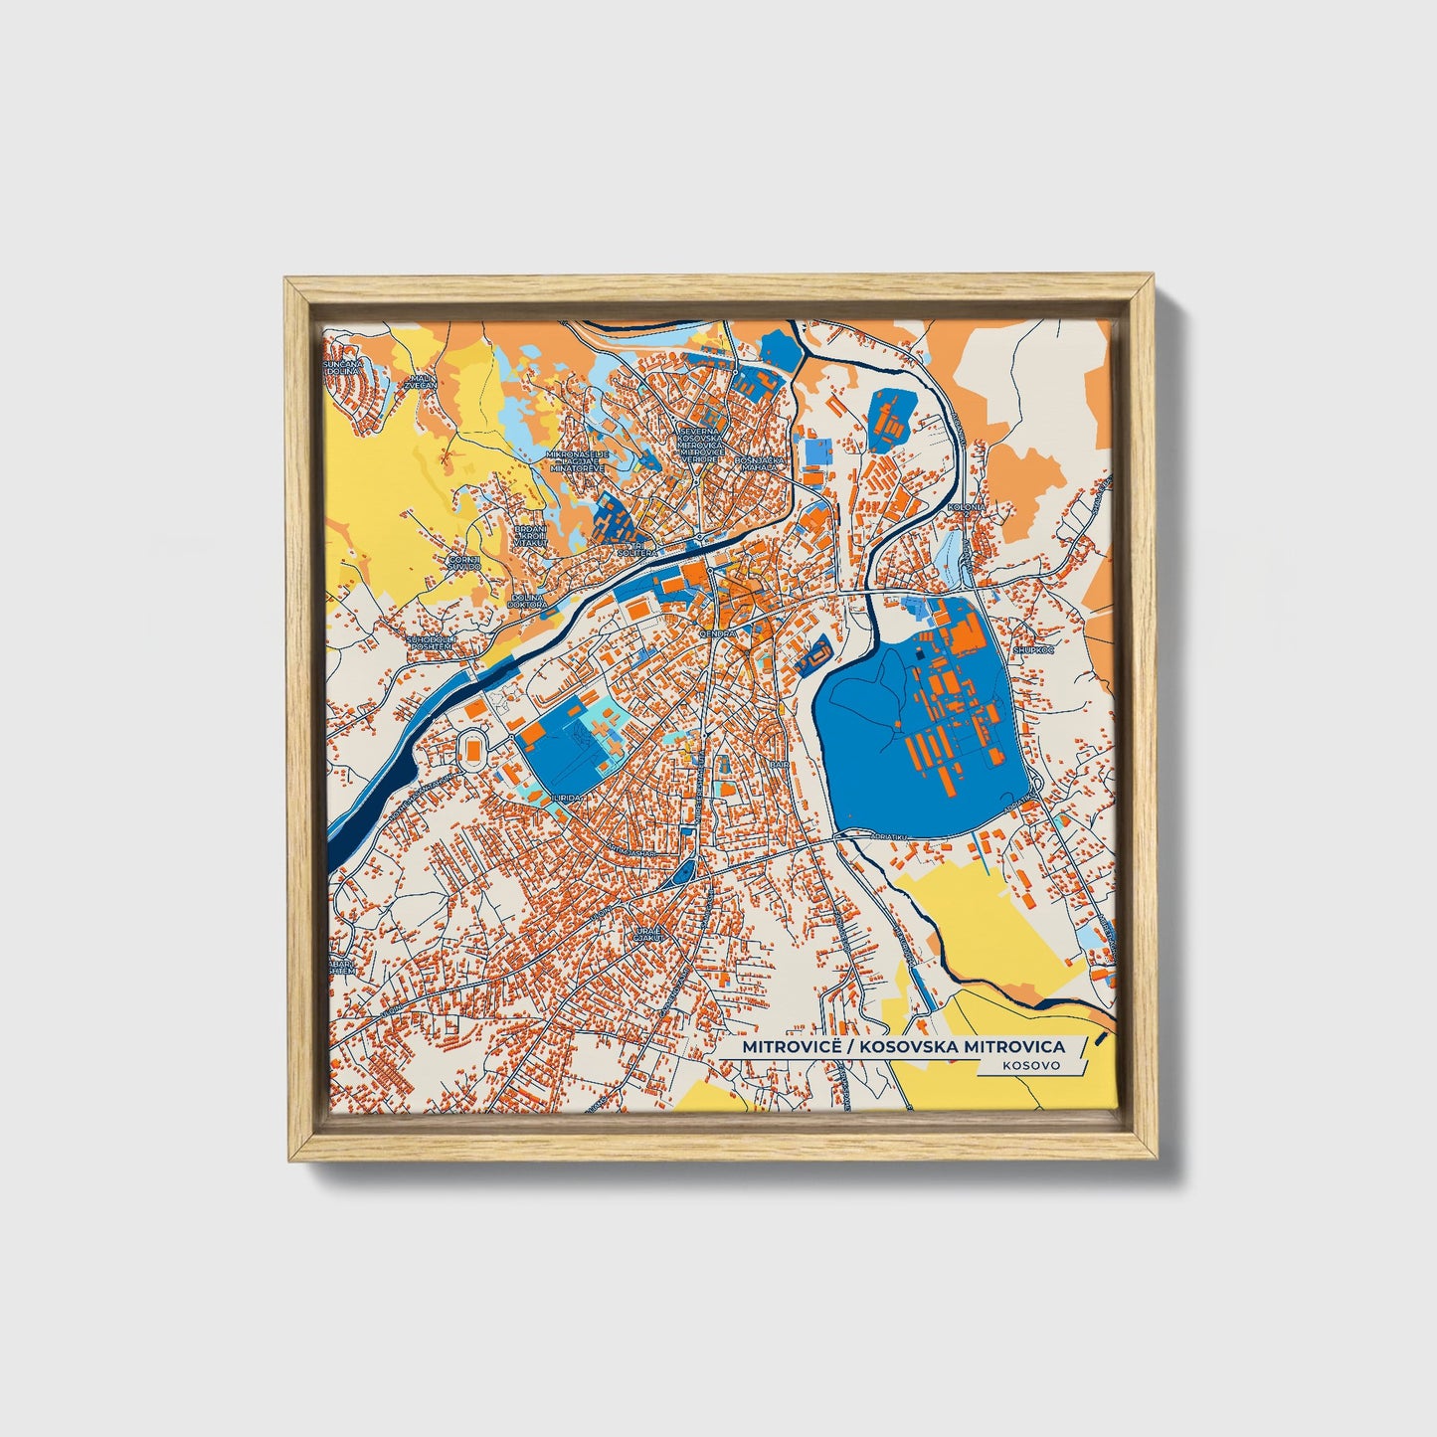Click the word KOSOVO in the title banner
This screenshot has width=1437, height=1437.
pyautogui.click(x=1030, y=1065)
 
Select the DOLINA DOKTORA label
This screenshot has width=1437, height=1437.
pyautogui.click(x=528, y=600)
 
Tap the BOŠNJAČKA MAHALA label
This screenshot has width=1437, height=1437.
pyautogui.click(x=760, y=464)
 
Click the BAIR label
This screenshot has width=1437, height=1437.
pyautogui.click(x=778, y=764)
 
